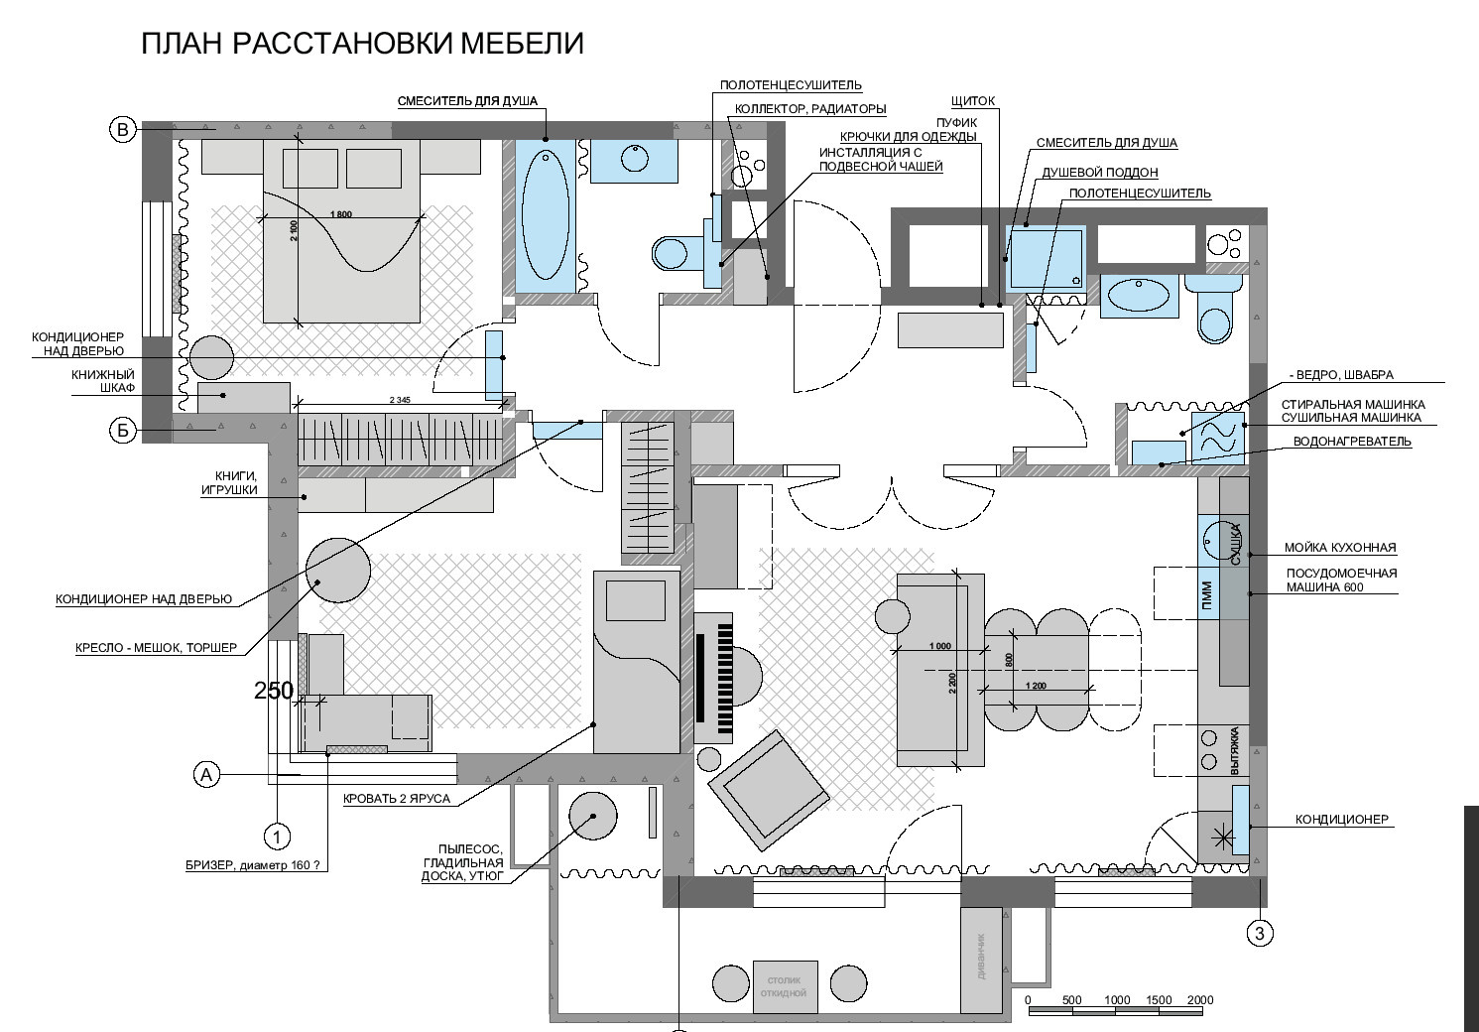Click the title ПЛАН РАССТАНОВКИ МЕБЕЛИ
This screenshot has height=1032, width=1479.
tap(362, 44)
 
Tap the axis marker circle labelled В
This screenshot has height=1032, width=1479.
tap(122, 130)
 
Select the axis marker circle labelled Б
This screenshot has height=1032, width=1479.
tap(122, 431)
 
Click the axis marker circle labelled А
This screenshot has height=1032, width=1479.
tap(206, 774)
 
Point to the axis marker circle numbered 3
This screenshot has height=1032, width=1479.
tap(1260, 933)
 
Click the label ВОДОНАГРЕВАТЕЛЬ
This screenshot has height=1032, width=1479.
tap(1351, 442)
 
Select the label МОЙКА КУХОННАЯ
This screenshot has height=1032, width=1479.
tap(1339, 547)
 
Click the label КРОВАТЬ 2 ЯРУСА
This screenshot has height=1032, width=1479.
tap(397, 798)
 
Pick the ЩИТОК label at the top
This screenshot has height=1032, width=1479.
tap(972, 101)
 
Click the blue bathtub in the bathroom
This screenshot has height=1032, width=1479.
tap(546, 215)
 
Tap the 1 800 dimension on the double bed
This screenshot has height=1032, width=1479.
tap(339, 214)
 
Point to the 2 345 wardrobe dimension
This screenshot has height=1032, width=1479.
tap(401, 399)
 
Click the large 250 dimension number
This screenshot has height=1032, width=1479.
tap(274, 691)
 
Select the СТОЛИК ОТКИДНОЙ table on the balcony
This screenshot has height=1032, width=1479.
tap(785, 986)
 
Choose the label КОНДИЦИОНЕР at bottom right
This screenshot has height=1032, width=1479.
tap(1341, 820)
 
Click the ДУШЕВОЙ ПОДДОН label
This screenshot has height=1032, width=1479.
tap(1099, 173)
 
